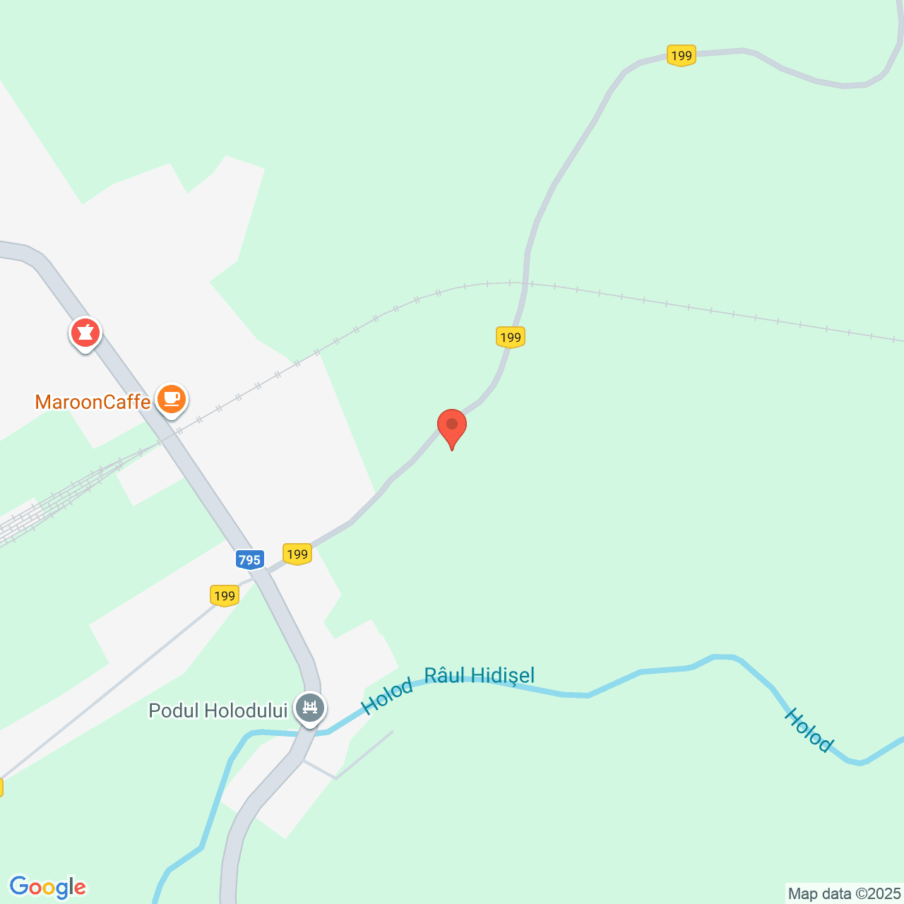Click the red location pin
click(452, 426)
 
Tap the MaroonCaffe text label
click(93, 403)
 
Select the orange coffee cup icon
click(171, 399)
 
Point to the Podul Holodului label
click(218, 710)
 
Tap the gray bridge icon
click(310, 707)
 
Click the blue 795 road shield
click(249, 560)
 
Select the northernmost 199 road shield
click(681, 55)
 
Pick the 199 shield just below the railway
click(510, 337)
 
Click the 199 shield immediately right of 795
click(297, 554)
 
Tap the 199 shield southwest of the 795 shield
click(225, 595)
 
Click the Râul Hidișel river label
click(480, 676)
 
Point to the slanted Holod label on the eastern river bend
click(809, 730)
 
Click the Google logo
click(47, 887)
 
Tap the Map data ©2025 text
click(844, 893)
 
